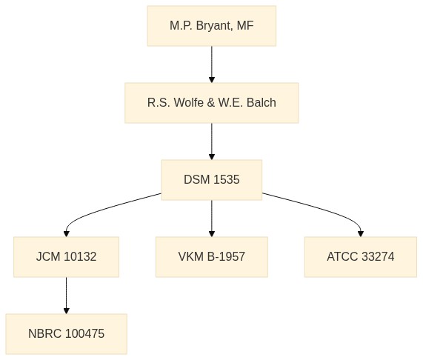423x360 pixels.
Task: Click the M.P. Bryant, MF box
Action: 212,26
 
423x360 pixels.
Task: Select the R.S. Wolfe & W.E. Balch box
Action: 212,103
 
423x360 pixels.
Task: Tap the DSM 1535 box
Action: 212,180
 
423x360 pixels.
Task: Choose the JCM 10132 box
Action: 67,257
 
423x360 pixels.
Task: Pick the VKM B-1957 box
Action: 212,257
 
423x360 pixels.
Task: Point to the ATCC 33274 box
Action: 361,257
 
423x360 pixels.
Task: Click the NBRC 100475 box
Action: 67,334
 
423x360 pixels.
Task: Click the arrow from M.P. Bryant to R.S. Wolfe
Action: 212,64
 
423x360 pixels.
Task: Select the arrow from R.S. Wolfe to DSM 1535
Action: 212,141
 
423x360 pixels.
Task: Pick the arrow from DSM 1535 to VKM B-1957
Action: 212,219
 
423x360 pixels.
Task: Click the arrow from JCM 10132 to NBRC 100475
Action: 67,296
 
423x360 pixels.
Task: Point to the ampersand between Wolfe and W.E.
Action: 211,103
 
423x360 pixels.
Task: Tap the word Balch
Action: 262,103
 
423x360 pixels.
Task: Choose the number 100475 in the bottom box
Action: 84,334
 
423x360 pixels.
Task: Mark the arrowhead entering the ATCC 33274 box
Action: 361,234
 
